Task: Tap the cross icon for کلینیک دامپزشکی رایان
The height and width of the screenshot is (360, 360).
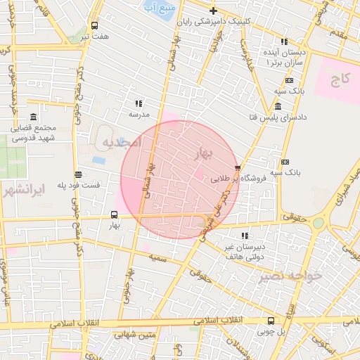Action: pos(213,11)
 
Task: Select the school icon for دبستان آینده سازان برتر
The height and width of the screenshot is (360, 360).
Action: pos(283,42)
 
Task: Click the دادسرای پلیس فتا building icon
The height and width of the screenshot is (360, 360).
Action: pos(278,106)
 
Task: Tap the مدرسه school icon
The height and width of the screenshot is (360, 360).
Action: pos(139,103)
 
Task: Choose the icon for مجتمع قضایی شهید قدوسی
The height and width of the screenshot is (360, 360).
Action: pos(34,117)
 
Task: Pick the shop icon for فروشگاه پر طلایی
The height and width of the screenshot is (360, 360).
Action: pos(238,168)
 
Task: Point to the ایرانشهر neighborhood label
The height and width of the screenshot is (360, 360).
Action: pos(23,191)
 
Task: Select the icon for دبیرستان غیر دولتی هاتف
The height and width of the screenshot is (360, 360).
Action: pos(244,236)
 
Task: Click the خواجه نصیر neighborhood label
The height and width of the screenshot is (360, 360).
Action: pos(290,275)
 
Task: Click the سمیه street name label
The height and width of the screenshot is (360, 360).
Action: pos(157,258)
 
